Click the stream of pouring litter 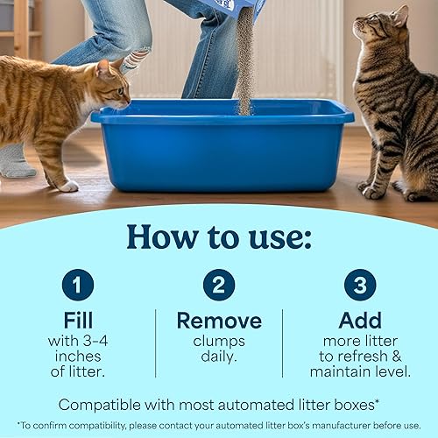click(x=244, y=61)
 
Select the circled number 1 click(x=78, y=285)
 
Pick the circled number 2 click(x=219, y=285)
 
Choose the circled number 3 click(x=359, y=285)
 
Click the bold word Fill click(x=78, y=321)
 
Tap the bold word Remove click(x=219, y=321)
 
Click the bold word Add click(x=359, y=321)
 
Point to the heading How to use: click(x=219, y=237)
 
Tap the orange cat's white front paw click(x=67, y=185)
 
